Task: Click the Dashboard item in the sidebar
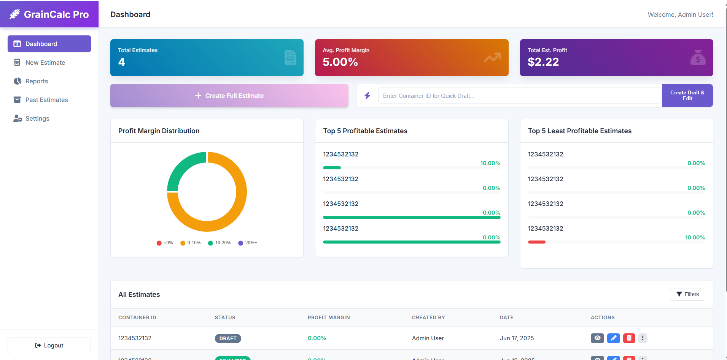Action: pos(49,44)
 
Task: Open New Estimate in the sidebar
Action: pos(45,62)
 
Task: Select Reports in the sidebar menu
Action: pos(37,81)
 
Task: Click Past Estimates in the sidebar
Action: pos(46,100)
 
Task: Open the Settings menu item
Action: pos(37,118)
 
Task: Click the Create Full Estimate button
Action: pos(229,96)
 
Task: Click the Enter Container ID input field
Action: pos(519,96)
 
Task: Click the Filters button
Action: pos(687,294)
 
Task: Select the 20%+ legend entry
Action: pos(248,243)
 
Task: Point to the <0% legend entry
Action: pos(165,243)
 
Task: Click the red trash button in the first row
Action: pos(629,338)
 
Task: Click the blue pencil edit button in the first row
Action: pos(613,338)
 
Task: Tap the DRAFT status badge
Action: pos(228,338)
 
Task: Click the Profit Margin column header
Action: pos(329,317)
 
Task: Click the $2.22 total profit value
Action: pos(543,62)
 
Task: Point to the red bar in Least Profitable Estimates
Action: pos(536,242)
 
